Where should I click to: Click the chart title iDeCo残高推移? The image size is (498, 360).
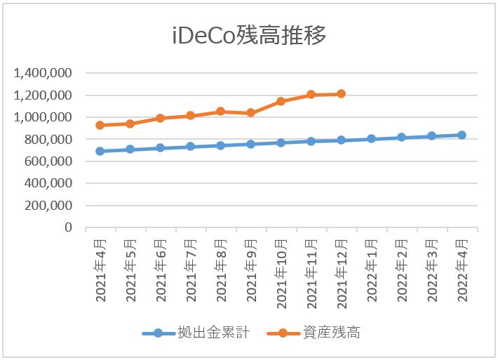point(249,36)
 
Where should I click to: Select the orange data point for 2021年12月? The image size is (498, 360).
point(341,93)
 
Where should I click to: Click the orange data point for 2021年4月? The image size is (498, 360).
point(100,125)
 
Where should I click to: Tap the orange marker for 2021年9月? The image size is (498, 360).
point(250,112)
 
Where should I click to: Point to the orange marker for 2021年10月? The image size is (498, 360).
point(281,101)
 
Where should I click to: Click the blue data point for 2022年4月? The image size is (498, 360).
point(462,135)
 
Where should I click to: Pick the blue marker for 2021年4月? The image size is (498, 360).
point(100,151)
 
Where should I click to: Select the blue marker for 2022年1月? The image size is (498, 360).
point(371,139)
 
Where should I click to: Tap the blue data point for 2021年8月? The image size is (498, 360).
point(220,145)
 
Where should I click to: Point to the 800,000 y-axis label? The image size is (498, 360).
point(48,139)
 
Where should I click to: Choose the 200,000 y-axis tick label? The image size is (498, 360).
point(48,206)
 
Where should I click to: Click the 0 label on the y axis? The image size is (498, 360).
point(68,227)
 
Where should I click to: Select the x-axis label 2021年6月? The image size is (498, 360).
point(161,271)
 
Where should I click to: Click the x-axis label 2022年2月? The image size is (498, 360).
point(402,271)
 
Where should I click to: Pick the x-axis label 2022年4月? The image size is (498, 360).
point(462,271)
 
